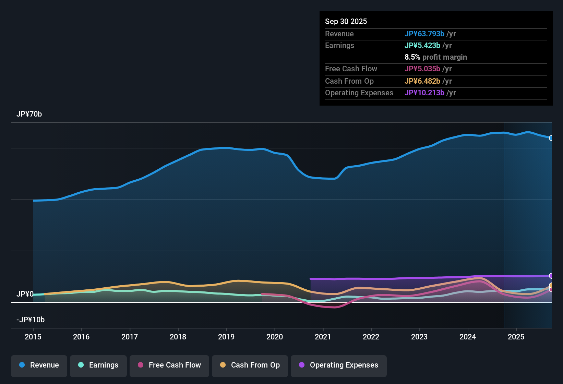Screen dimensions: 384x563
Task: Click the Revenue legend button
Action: coord(39,365)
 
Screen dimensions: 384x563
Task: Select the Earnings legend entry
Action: coord(98,365)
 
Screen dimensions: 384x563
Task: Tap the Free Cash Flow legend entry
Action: coord(169,365)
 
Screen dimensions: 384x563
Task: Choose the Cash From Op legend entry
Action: coord(250,365)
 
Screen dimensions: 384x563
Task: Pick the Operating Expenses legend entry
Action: coord(339,365)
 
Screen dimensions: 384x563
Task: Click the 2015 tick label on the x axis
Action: coord(33,337)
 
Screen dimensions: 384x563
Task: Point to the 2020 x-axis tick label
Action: coord(275,337)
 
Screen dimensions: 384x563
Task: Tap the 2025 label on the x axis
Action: coord(516,337)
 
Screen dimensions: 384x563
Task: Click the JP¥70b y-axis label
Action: coord(29,114)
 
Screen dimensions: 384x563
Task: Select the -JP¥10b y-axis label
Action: coord(31,320)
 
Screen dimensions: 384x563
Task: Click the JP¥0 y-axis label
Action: coord(25,294)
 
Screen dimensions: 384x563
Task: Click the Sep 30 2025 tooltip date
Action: coord(346,21)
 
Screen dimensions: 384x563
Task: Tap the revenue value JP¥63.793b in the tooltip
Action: coord(424,34)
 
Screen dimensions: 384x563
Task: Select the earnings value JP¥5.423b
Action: coord(422,45)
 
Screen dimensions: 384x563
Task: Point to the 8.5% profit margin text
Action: coord(436,57)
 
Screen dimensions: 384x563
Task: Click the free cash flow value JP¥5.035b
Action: coord(422,69)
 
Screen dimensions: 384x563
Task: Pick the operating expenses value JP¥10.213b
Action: coord(424,93)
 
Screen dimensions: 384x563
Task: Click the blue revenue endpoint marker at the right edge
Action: coord(551,138)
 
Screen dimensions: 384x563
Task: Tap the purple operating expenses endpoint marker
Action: coord(551,276)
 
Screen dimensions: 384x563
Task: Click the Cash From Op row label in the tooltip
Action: coord(349,81)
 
